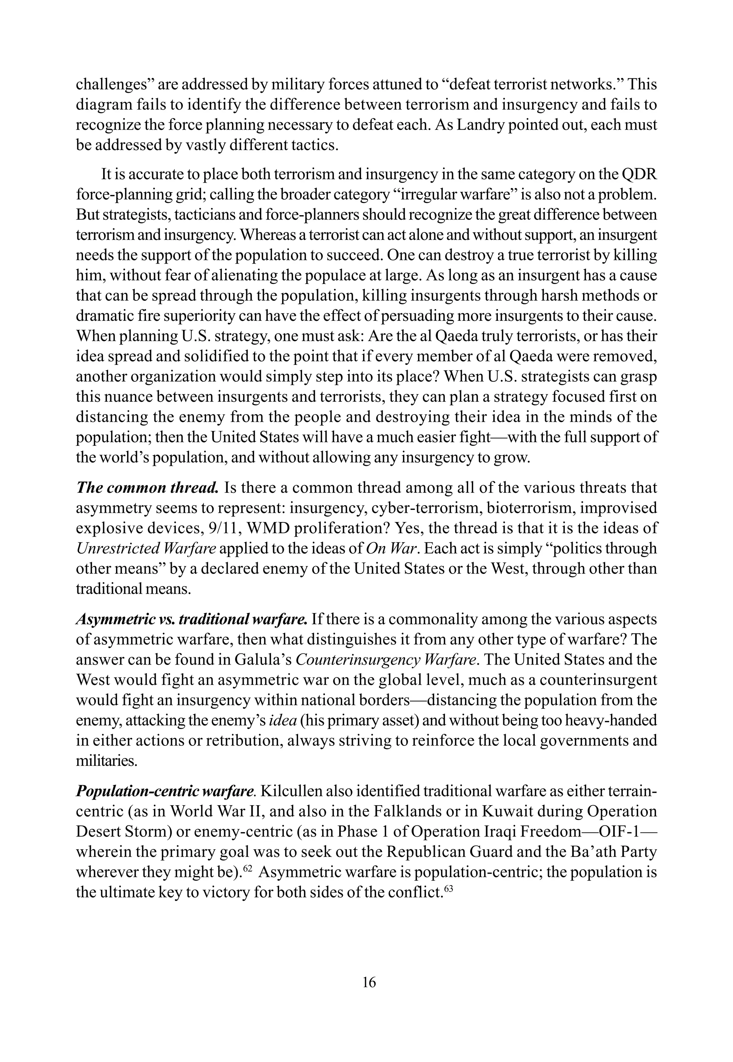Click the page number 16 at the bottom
point(369,983)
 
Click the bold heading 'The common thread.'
point(147,487)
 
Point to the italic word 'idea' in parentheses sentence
point(282,720)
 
